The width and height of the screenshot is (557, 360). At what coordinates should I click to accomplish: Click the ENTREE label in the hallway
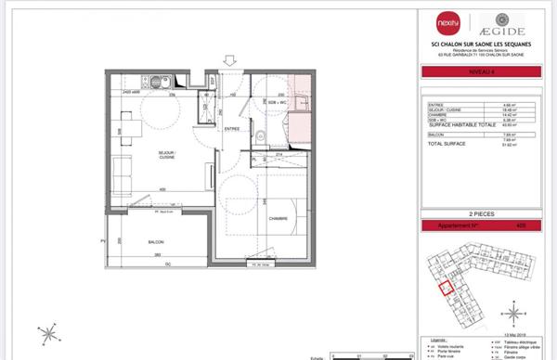[232, 129]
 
